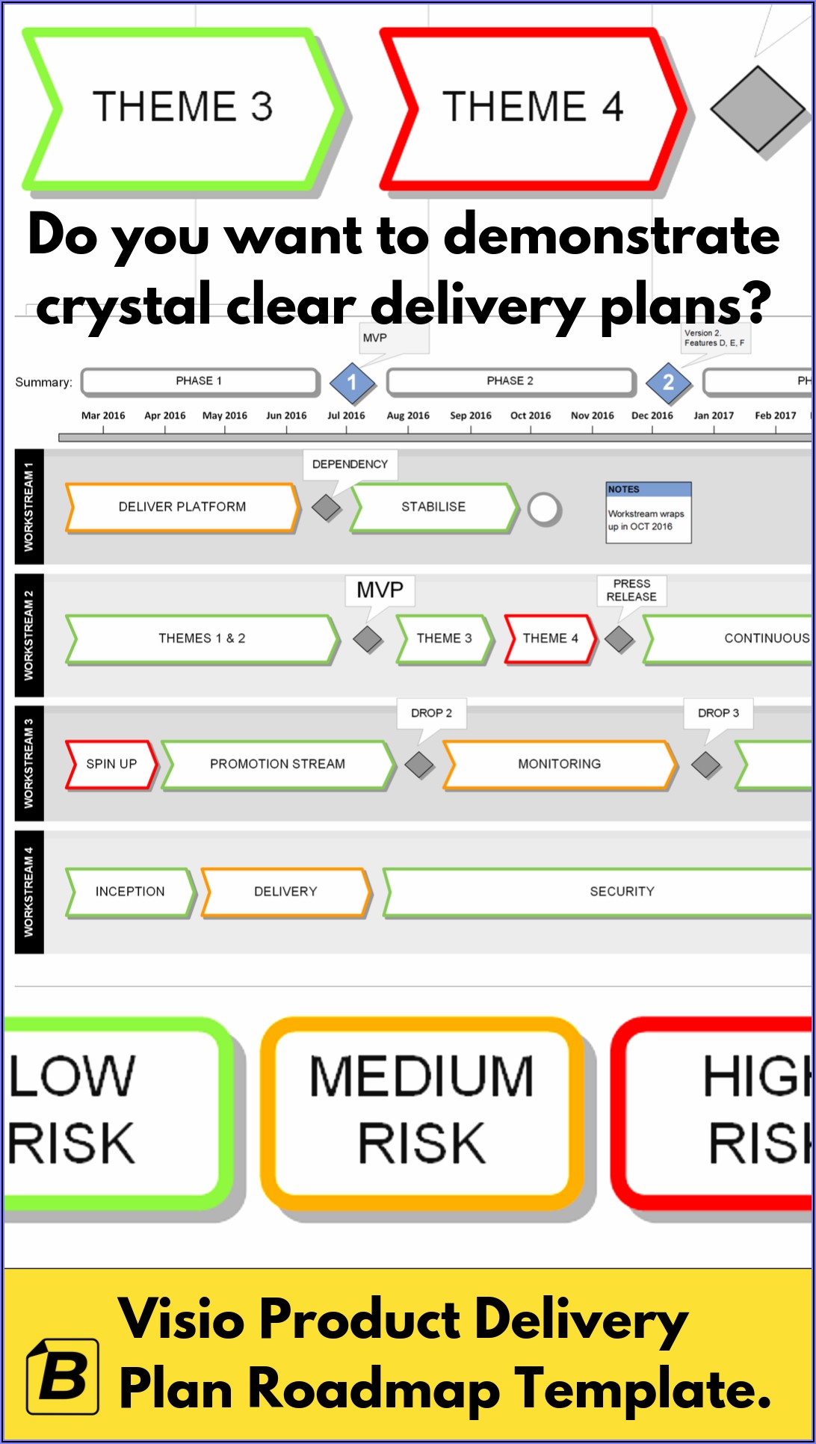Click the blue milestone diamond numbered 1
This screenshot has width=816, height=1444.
[352, 383]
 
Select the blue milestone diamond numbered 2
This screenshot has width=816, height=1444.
[668, 383]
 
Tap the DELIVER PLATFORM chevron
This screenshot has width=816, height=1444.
[182, 507]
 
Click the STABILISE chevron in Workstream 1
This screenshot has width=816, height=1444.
[433, 507]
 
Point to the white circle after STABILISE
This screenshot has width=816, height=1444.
[544, 510]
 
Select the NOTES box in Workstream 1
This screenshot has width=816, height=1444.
[649, 513]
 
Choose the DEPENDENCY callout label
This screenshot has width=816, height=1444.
[350, 464]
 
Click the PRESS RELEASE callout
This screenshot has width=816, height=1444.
[631, 590]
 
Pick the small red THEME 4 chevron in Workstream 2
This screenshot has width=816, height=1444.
[550, 638]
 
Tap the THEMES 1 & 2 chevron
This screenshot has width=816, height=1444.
[202, 638]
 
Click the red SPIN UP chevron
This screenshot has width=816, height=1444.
[111, 764]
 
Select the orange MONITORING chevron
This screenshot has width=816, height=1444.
[559, 764]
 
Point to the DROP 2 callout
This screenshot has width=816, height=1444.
[431, 713]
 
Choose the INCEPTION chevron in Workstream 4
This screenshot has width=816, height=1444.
[130, 892]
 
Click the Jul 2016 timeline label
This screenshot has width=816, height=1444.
[346, 416]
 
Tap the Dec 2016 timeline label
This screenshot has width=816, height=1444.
[652, 416]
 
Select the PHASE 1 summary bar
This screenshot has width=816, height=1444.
[200, 381]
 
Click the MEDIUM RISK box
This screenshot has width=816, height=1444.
[422, 1110]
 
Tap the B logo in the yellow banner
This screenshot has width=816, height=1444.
[63, 1376]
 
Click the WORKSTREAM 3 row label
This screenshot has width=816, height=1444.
[29, 763]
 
